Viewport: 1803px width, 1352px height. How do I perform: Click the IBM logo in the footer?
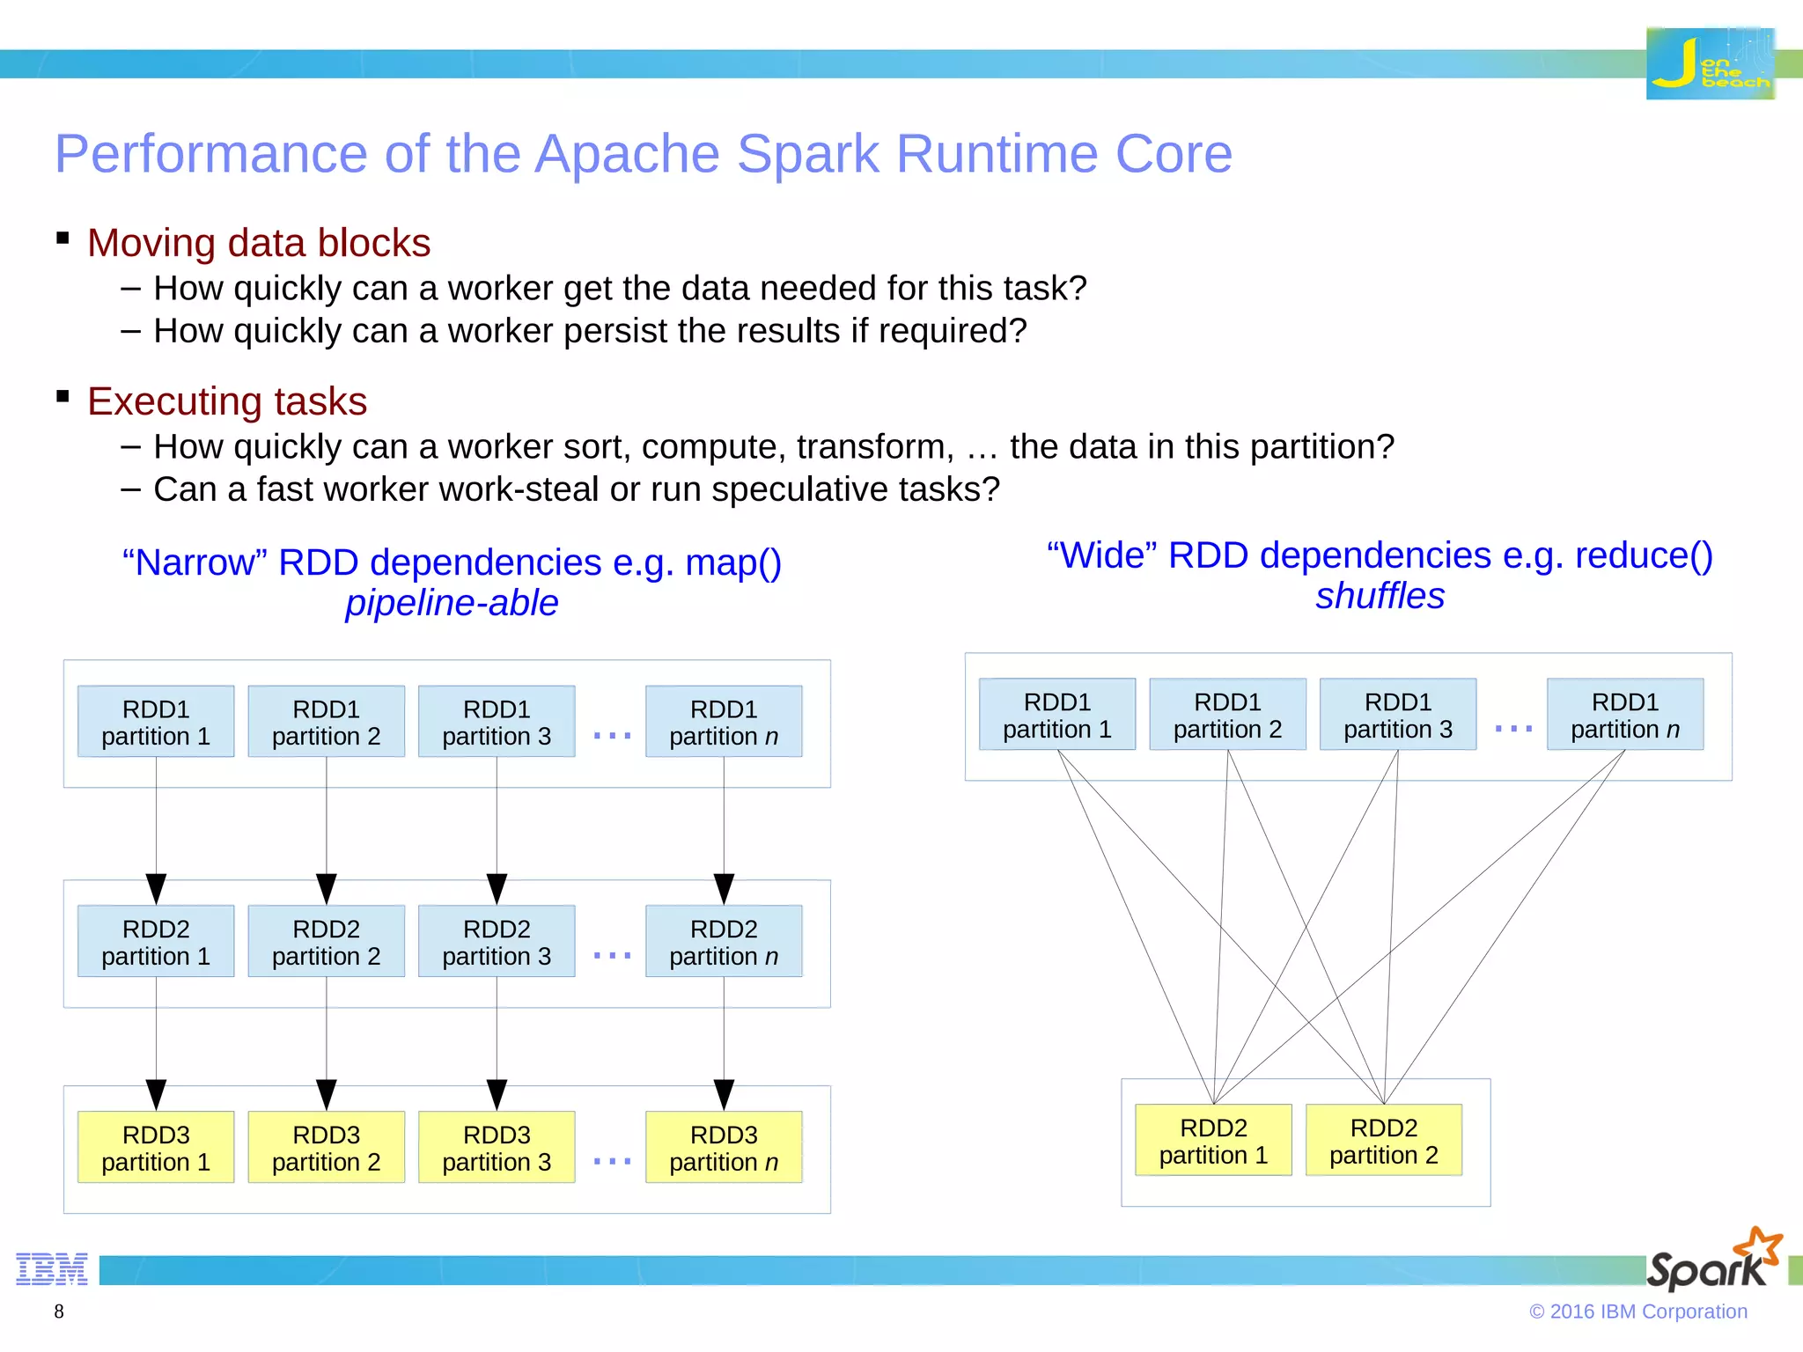(x=52, y=1268)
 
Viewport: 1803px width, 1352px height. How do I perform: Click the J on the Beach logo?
(x=1710, y=63)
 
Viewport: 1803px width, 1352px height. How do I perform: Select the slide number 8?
(x=59, y=1312)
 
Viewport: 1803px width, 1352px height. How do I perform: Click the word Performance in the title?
(x=210, y=154)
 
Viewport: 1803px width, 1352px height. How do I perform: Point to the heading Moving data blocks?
(x=259, y=243)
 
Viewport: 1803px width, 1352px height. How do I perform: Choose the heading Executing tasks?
(x=227, y=401)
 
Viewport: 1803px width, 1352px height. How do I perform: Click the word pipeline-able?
(x=452, y=603)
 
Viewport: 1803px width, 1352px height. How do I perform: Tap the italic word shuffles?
(x=1380, y=596)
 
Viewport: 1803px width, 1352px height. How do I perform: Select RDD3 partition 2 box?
(x=326, y=1148)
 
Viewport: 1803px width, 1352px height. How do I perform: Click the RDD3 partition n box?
(x=724, y=1148)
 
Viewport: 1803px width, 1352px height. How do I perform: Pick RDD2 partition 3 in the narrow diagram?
(x=497, y=942)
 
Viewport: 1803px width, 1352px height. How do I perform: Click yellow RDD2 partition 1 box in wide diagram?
(x=1213, y=1141)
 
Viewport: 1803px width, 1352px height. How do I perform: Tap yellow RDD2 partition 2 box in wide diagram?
(x=1384, y=1141)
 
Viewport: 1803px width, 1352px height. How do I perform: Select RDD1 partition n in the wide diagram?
(x=1625, y=715)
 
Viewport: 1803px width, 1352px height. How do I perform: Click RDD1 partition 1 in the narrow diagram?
(x=156, y=722)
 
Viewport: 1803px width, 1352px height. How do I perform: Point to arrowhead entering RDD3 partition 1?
(x=156, y=1094)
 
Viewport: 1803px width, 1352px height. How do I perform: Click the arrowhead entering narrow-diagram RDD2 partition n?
(x=724, y=888)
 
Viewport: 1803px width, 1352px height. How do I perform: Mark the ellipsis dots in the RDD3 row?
(x=612, y=1161)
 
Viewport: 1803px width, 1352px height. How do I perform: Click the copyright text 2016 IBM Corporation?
(x=1638, y=1312)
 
